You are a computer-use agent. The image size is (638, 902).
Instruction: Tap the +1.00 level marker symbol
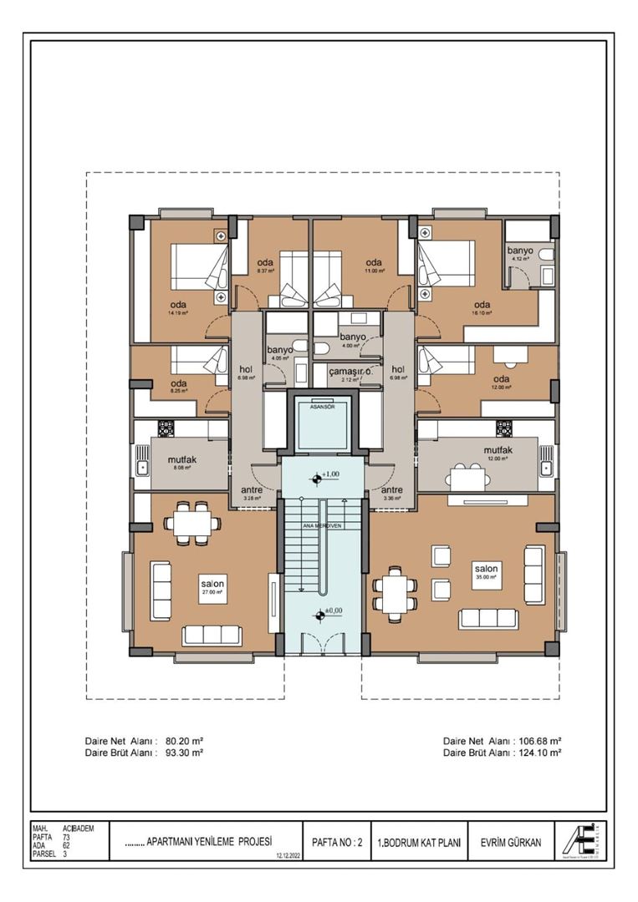tap(317, 478)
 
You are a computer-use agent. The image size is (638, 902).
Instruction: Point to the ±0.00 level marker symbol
tap(319, 616)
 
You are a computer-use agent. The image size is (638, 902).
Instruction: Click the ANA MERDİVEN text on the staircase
tap(323, 525)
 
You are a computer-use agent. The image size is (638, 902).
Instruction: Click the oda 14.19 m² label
tap(179, 309)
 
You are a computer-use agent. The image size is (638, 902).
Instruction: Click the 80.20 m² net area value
tap(185, 740)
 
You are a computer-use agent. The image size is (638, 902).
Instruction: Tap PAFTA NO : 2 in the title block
tap(336, 843)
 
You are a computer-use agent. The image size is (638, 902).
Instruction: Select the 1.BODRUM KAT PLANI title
tap(419, 843)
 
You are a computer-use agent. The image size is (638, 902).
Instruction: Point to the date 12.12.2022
tap(286, 855)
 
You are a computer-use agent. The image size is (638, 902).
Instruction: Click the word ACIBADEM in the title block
tap(79, 828)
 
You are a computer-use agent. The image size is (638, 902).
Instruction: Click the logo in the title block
tap(585, 840)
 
